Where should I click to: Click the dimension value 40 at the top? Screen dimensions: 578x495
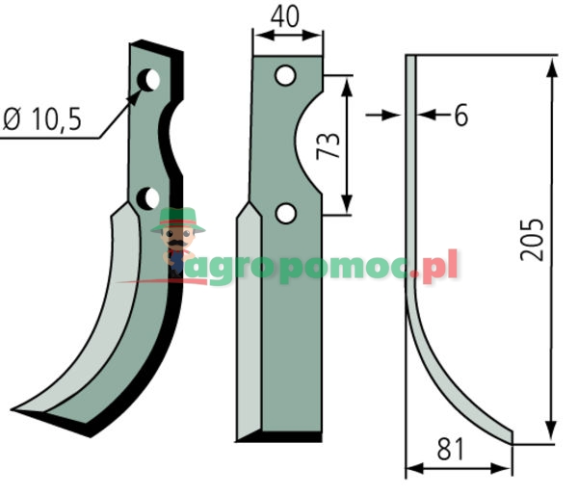(x=285, y=16)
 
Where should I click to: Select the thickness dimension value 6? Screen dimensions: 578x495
(x=461, y=116)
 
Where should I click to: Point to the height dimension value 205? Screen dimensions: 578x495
(x=532, y=240)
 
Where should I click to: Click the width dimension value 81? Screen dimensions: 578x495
(x=451, y=450)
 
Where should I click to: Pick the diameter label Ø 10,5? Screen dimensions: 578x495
(x=42, y=119)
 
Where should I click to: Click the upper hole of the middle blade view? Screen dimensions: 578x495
(x=285, y=75)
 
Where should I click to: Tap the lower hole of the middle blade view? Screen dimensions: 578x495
(x=286, y=214)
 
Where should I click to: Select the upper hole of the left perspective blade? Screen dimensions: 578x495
(x=148, y=80)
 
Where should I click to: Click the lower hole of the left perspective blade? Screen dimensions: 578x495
(x=147, y=198)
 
